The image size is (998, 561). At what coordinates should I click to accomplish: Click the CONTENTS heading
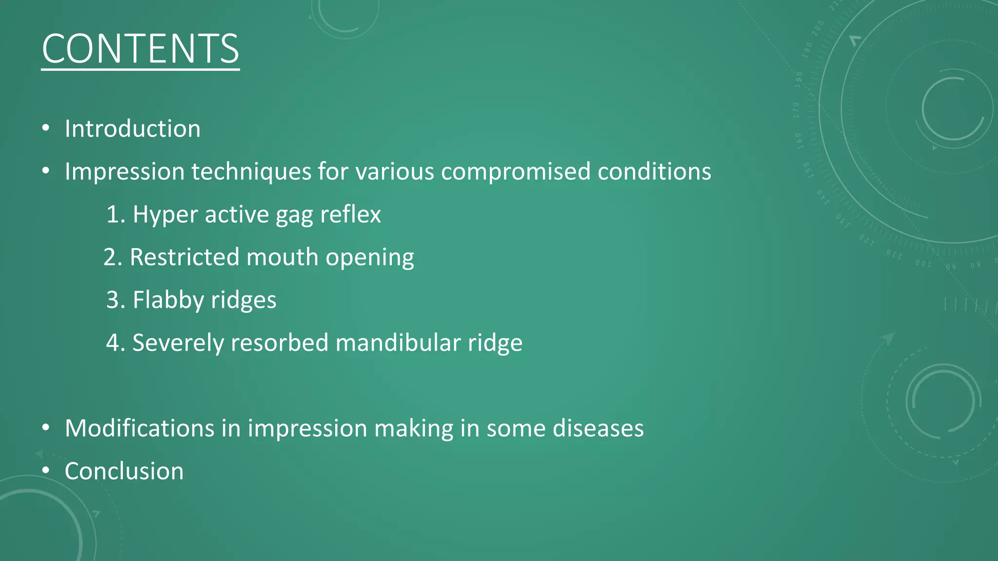(x=140, y=49)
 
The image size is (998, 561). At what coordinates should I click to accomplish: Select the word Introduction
(x=133, y=129)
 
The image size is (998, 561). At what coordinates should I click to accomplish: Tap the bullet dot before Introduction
(x=46, y=129)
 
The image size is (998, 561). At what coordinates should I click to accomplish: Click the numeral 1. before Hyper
(x=116, y=215)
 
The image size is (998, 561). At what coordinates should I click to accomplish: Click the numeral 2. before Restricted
(x=113, y=258)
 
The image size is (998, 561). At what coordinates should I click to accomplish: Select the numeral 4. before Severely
(x=116, y=343)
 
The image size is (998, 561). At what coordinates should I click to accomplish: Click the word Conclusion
(x=124, y=471)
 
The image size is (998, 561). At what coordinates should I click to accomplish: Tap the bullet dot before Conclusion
(x=46, y=471)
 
